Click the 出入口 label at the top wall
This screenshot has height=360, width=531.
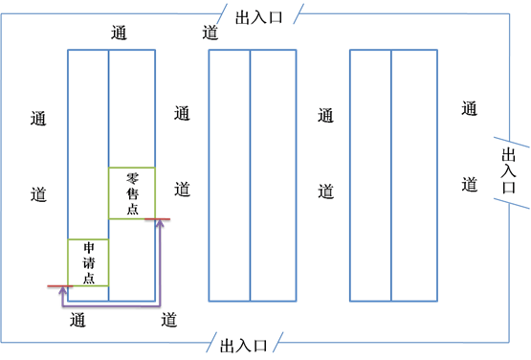click(x=258, y=17)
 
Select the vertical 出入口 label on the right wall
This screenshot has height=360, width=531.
click(x=508, y=170)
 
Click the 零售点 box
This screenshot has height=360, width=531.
click(x=132, y=192)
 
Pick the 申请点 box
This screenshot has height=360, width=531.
click(x=88, y=261)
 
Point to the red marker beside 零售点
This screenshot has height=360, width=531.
click(x=158, y=219)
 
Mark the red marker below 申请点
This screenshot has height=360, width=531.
click(x=58, y=286)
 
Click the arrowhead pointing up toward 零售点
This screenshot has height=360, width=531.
click(x=160, y=223)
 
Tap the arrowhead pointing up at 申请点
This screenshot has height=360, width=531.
click(x=63, y=289)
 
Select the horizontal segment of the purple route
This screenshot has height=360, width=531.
click(x=110, y=304)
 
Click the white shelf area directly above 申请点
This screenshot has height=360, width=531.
click(x=88, y=144)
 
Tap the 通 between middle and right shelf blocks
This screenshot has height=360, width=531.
click(x=325, y=116)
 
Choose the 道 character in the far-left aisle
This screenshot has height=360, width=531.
click(x=38, y=192)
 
